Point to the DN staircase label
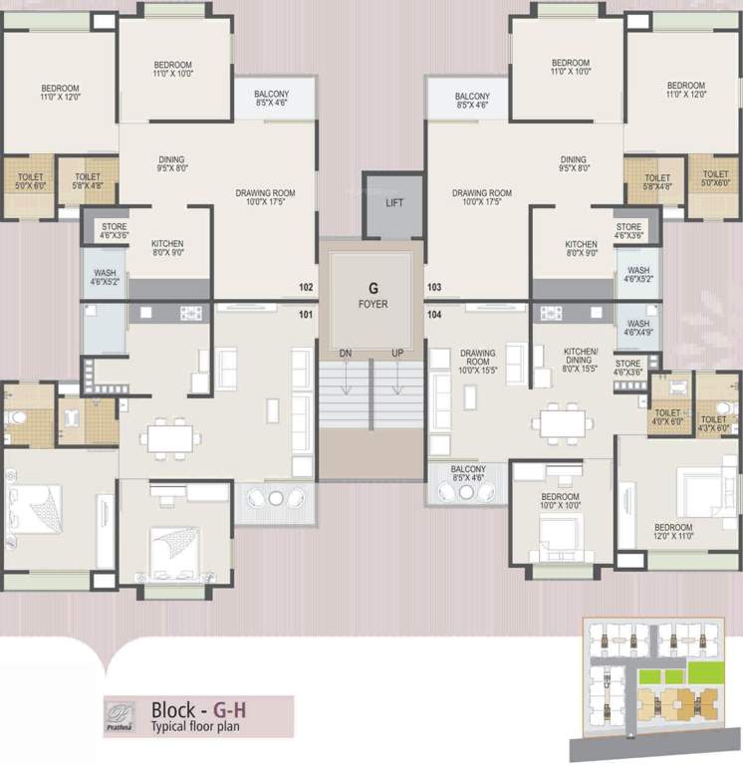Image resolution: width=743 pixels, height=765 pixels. [344, 354]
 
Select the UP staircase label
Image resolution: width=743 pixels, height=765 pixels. [397, 354]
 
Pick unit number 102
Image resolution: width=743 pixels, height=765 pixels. [306, 288]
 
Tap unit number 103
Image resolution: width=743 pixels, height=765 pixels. [434, 288]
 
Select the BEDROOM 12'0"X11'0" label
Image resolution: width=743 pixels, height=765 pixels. [673, 532]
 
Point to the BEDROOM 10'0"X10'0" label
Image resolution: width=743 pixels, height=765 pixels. [560, 502]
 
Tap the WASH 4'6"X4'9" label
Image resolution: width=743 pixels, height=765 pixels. [638, 328]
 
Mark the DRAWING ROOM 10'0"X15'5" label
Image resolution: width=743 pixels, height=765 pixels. [477, 360]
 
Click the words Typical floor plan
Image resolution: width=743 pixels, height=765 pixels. [195, 726]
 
